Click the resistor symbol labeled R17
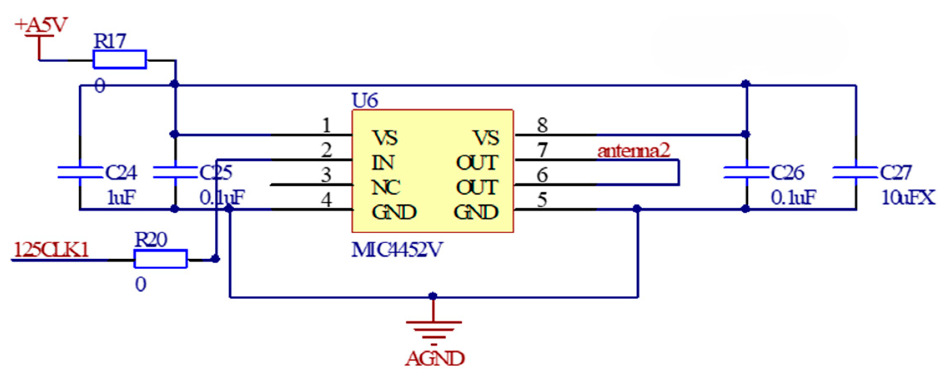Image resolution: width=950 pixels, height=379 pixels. click(119, 59)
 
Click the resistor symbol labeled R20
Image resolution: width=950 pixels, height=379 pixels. click(160, 259)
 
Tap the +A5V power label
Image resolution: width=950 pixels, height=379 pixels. click(41, 25)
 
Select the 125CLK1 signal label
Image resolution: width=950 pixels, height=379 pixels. click(51, 250)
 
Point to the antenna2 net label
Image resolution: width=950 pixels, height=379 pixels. click(633, 151)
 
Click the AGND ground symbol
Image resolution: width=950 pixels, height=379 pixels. click(434, 330)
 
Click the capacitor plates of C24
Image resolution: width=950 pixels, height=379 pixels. click(80, 172)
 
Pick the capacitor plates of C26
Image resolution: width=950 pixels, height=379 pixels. click(746, 172)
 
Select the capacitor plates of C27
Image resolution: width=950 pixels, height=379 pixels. click(855, 172)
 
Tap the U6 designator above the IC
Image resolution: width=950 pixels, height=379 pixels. click(364, 101)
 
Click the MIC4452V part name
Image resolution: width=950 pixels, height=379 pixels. click(397, 250)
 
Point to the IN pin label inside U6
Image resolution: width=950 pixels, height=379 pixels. click(382, 162)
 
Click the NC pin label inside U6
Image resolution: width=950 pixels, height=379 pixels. click(386, 187)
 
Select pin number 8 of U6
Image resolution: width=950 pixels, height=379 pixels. click(542, 125)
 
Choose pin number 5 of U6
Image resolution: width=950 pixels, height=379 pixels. click(542, 200)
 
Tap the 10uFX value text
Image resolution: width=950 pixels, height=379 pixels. click(908, 197)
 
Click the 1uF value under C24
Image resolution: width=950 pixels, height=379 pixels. click(121, 197)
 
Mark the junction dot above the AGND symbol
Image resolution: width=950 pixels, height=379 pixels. click(433, 296)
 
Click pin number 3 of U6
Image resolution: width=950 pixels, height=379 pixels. click(326, 175)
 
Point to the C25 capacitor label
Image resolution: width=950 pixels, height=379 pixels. click(216, 172)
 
